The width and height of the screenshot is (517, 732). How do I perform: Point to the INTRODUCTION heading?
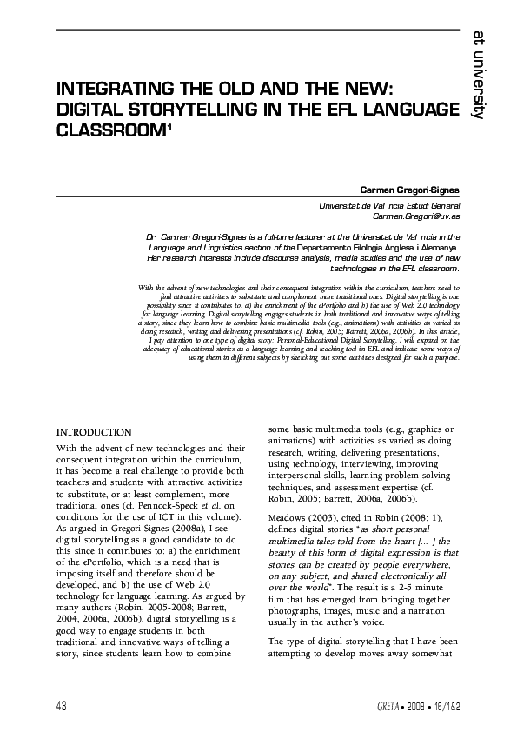pyautogui.click(x=94, y=432)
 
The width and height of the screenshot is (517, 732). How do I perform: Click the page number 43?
pyautogui.click(x=61, y=702)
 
